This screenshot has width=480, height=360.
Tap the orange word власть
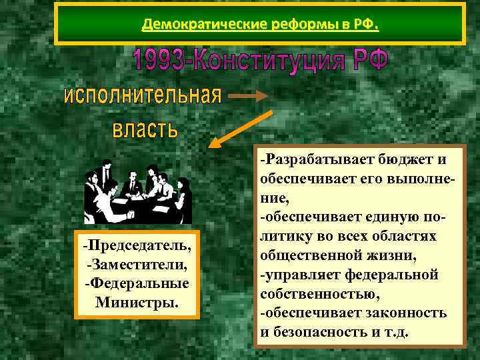coord(145,128)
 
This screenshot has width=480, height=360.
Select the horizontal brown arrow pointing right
coord(249,97)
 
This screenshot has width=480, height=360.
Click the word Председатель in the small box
coord(137,247)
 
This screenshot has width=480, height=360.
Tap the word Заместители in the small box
coord(137,265)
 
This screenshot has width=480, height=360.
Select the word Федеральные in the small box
coord(137,284)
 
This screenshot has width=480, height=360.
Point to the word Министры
coord(137,303)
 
